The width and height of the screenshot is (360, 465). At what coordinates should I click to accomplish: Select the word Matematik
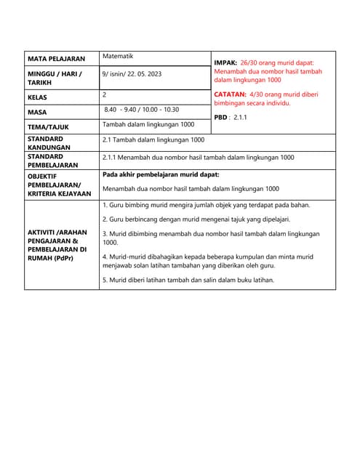click(118, 56)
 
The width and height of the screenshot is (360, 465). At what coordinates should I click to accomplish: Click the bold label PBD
click(221, 117)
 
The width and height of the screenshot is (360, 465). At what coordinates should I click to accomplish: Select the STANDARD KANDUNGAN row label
click(48, 142)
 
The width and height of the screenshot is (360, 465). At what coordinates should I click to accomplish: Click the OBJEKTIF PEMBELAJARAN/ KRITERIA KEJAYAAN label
click(59, 185)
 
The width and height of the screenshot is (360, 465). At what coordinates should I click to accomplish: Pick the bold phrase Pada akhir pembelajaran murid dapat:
click(160, 174)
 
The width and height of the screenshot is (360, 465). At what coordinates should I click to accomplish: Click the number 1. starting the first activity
click(105, 205)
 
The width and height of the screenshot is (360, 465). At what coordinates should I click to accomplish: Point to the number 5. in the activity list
click(105, 280)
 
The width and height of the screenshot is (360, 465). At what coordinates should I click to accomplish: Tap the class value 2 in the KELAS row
click(105, 94)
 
